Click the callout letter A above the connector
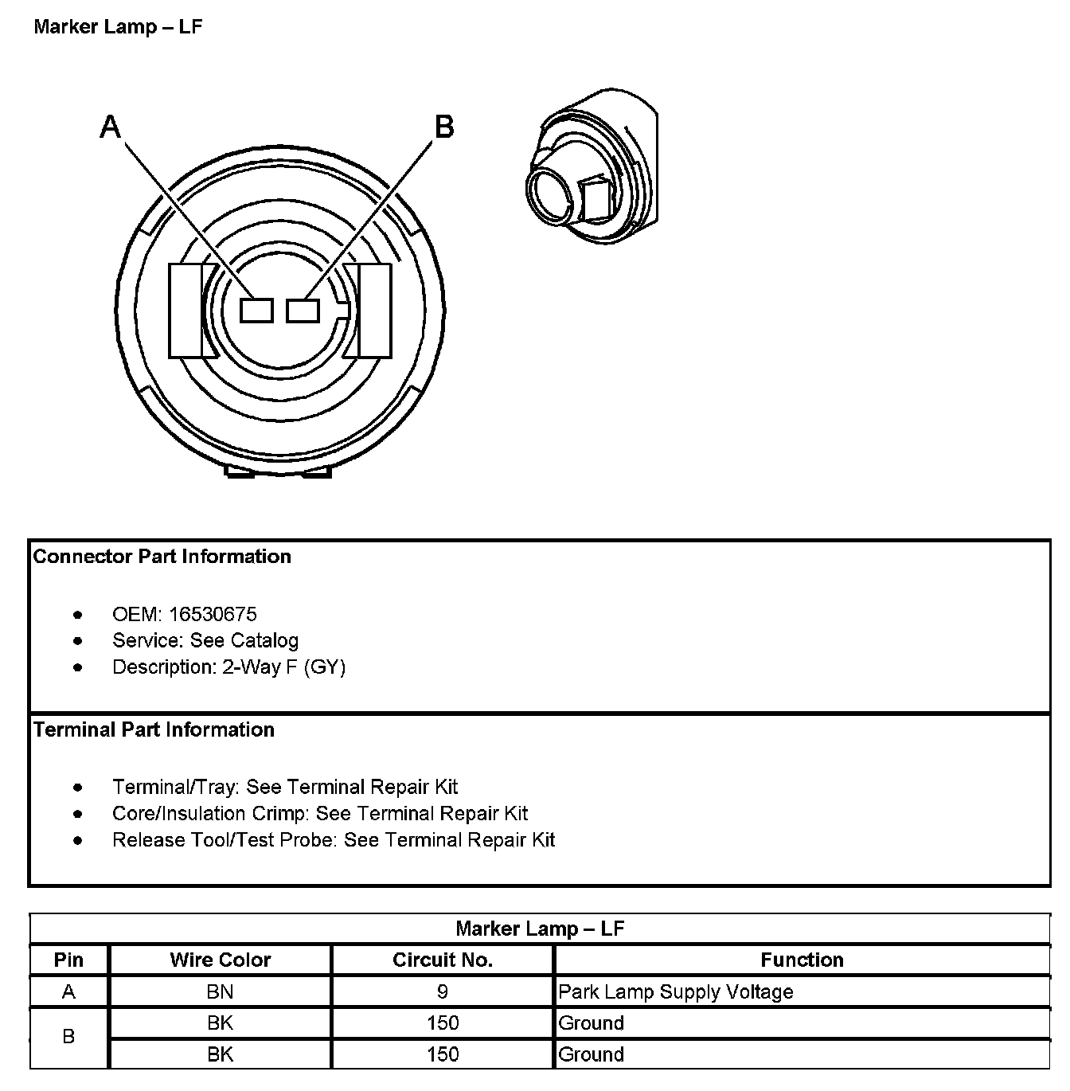(x=110, y=127)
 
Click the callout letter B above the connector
(x=443, y=127)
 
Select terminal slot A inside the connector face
(x=256, y=311)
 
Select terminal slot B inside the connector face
(x=303, y=311)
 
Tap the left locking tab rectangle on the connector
(x=185, y=311)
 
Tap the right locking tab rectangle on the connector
(x=374, y=311)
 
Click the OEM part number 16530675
(x=213, y=614)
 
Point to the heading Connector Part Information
(x=162, y=557)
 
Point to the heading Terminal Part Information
(x=154, y=730)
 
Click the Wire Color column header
(x=220, y=960)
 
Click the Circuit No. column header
(x=443, y=960)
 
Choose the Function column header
(x=802, y=960)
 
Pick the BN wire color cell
(x=220, y=992)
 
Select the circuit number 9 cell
(x=443, y=992)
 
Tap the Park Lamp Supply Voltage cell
(x=676, y=992)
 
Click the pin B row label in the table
(x=68, y=1038)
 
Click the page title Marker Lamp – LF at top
(x=118, y=27)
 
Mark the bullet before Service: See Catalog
(x=77, y=641)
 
